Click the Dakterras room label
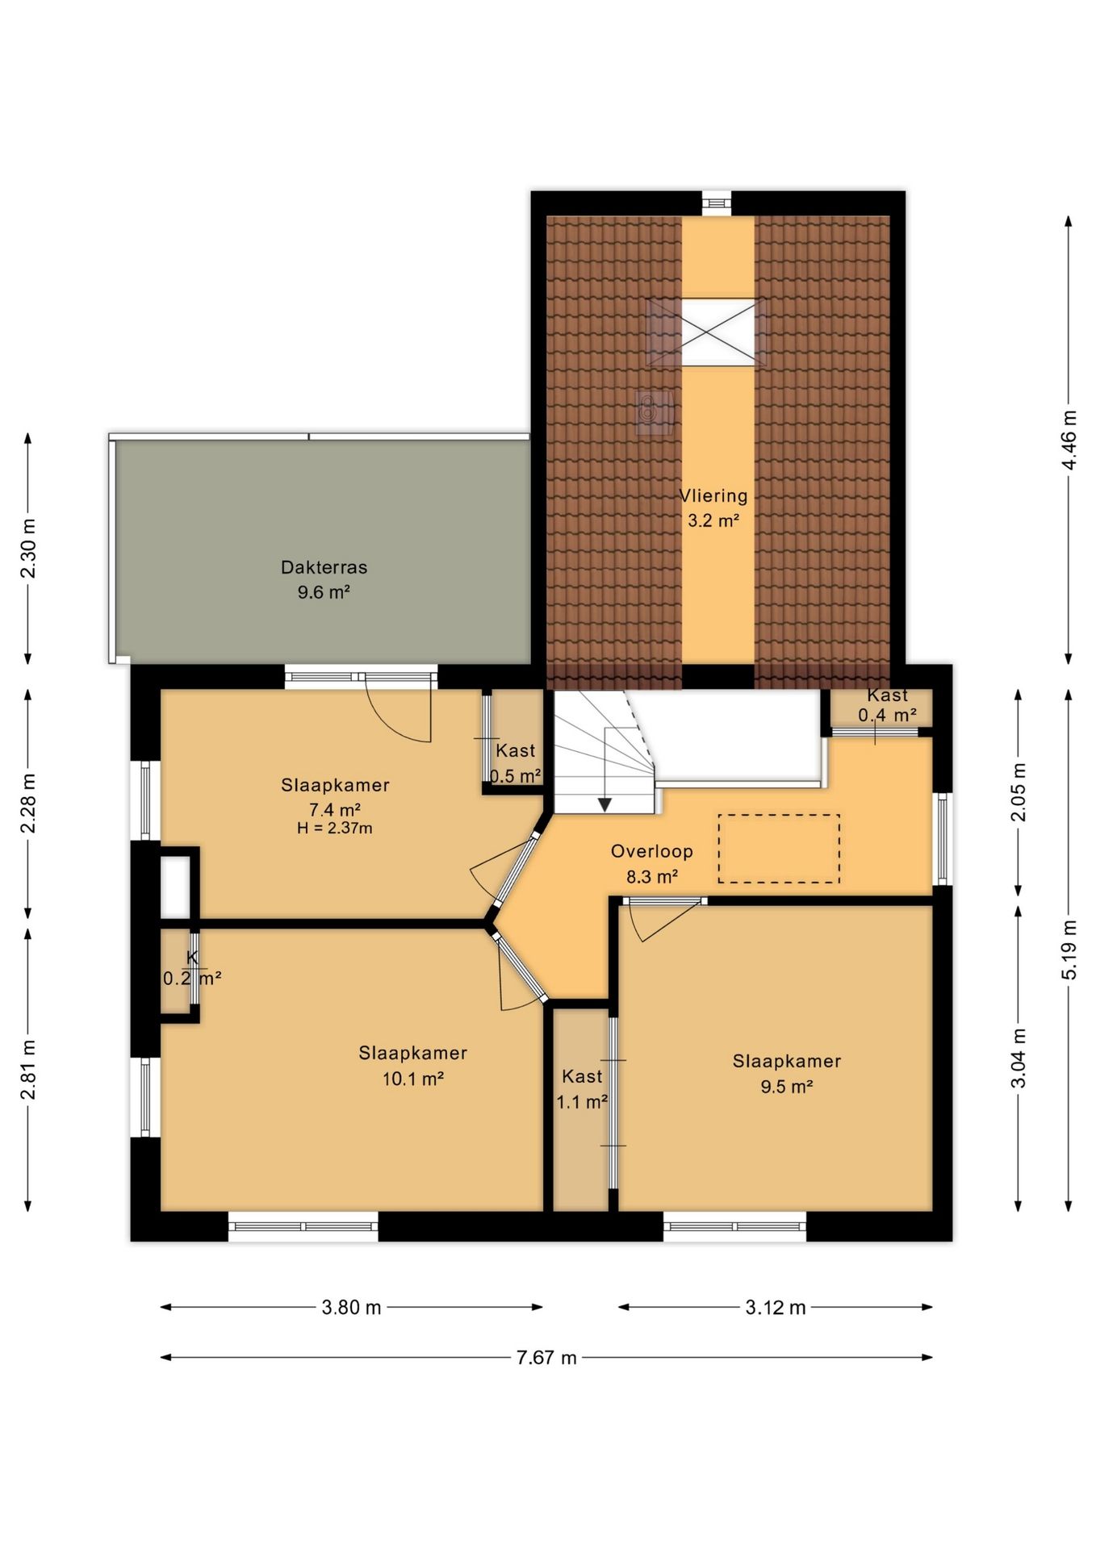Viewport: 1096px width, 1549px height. pos(324,567)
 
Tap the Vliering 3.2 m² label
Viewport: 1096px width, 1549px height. pos(713,507)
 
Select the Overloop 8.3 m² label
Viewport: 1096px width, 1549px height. pos(652,863)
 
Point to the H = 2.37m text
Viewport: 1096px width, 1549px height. pos(334,828)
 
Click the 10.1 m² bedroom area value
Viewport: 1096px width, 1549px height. pos(413,1079)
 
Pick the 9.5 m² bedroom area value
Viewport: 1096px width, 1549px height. pos(787,1087)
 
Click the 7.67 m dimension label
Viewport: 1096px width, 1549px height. pos(546,1358)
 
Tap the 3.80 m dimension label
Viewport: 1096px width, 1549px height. pos(351,1308)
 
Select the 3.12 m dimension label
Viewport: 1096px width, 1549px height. pos(776,1308)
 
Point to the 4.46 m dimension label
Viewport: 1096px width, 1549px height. pos(1069,440)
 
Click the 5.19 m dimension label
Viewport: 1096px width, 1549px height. pos(1069,950)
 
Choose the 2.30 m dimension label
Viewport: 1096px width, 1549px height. pos(28,549)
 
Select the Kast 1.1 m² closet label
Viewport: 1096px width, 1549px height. pos(582,1089)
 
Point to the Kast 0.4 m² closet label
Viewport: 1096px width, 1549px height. pos(887,705)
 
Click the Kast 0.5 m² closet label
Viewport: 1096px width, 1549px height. pos(516,763)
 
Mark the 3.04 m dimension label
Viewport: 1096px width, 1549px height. pos(1019,1058)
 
